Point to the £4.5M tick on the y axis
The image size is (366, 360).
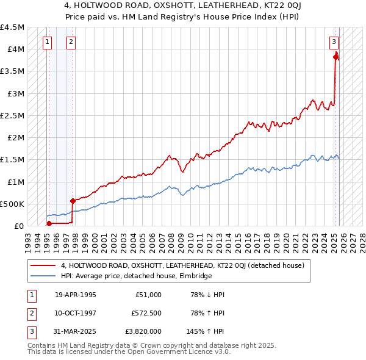tap(13, 27)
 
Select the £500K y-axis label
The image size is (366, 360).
tap(13, 204)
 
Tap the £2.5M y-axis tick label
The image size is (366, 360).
tap(13, 115)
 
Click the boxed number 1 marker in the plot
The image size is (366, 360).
tap(48, 42)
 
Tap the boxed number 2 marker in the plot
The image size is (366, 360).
tap(71, 42)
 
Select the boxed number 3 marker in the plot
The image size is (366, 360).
tap(334, 42)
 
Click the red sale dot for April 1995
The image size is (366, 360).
tap(49, 223)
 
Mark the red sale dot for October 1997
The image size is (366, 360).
tap(73, 200)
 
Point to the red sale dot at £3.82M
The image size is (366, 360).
tap(335, 57)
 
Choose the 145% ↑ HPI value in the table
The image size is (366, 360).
tap(206, 331)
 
